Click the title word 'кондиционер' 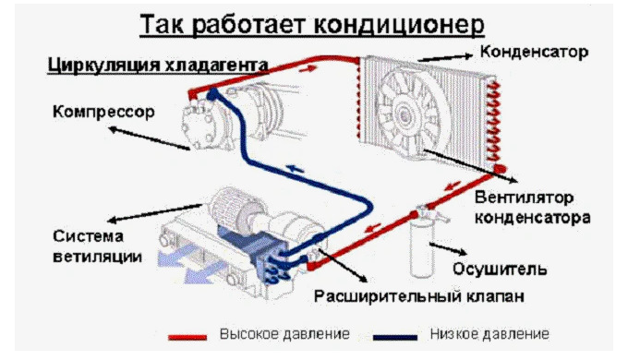399,25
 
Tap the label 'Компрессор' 103,112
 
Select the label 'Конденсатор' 534,52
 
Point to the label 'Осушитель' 500,269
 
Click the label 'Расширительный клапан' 418,296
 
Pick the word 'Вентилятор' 524,198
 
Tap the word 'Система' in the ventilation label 88,236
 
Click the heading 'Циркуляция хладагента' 158,65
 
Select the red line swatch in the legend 187,337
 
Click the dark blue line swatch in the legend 395,337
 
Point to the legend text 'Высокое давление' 284,334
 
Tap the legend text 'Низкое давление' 489,334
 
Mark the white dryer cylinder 422,248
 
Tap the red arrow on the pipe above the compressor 308,68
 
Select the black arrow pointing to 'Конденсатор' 445,57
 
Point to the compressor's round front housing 199,126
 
